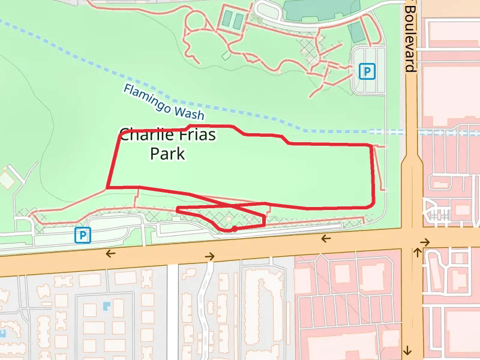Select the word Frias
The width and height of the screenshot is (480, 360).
pos(196,134)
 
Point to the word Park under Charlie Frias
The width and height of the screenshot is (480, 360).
pos(167,154)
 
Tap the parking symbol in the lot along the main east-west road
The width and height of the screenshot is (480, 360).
pos(82,235)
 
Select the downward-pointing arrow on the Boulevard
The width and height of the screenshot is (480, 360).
pos(407,350)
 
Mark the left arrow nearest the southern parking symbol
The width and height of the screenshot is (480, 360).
pos(110,253)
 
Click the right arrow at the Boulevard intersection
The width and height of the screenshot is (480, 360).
pos(425,242)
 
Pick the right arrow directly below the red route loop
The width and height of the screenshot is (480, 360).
pos(209,256)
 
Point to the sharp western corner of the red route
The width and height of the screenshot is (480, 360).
pos(108,187)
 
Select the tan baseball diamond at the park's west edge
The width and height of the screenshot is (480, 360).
pos(7,179)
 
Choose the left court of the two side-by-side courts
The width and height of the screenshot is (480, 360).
pos(228,20)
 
